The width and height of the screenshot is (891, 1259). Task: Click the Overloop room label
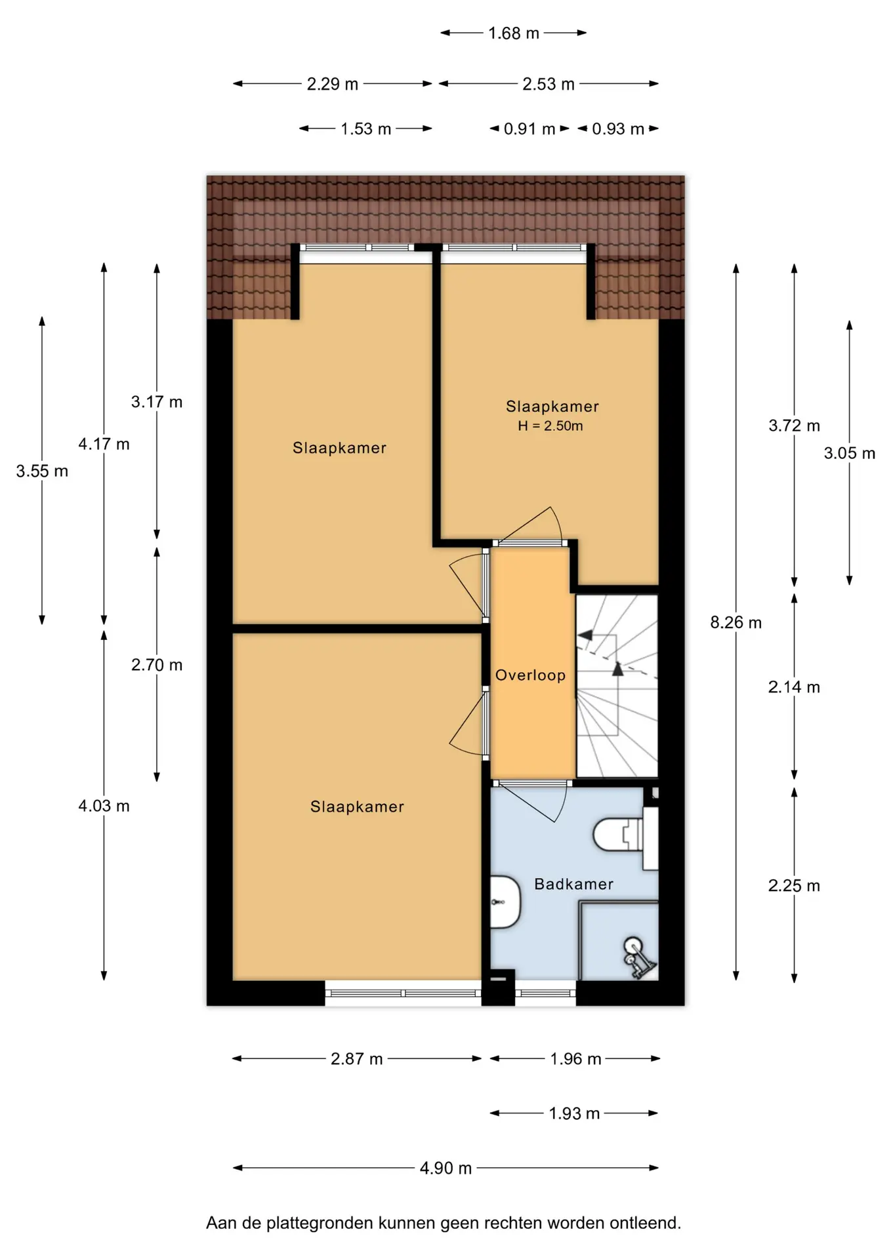530,675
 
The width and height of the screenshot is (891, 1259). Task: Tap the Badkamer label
573,884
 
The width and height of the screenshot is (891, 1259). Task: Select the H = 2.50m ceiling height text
550,426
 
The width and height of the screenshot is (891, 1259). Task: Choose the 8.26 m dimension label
736,622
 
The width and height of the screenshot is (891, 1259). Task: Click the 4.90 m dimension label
445,1168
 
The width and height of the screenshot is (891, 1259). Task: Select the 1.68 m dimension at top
513,33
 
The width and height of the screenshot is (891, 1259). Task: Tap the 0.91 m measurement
529,129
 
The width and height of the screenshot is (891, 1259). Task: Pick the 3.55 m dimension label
42,471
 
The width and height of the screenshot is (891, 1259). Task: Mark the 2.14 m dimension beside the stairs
794,687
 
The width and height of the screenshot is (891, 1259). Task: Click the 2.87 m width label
356,1058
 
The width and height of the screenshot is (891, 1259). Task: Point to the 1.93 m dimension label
574,1113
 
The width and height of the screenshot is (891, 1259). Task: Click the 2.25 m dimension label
794,885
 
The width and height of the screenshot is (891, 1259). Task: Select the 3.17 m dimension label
157,401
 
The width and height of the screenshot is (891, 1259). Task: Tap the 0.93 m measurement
618,129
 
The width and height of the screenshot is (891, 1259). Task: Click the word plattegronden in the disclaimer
320,1223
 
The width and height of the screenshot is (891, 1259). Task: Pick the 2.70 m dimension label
157,664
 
